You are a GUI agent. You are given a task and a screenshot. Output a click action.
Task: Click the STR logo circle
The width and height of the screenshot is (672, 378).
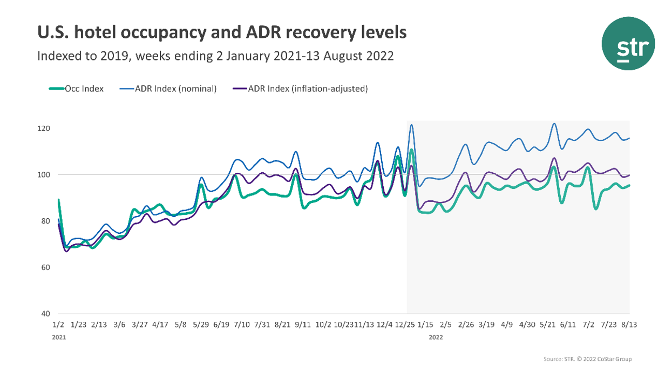(x=628, y=43)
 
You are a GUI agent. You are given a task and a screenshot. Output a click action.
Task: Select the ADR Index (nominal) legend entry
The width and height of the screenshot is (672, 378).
(x=168, y=89)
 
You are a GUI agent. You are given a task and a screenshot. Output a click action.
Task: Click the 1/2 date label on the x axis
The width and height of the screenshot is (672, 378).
(x=58, y=325)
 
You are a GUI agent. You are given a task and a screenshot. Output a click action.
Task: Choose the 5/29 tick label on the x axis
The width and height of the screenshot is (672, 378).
(x=201, y=325)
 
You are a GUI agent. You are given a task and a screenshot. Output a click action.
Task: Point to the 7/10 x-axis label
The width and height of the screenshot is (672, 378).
(x=241, y=325)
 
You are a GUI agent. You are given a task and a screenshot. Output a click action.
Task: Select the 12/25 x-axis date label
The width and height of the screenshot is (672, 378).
(x=405, y=325)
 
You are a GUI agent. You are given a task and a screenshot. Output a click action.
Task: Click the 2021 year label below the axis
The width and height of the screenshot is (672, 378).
(x=59, y=337)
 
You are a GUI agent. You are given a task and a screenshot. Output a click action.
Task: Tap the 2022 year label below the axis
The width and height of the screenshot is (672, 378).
(x=436, y=337)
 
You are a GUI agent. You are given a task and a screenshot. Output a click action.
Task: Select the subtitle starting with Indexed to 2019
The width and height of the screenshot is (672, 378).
(x=215, y=56)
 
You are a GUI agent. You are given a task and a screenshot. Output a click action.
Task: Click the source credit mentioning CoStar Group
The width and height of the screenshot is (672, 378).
(x=587, y=359)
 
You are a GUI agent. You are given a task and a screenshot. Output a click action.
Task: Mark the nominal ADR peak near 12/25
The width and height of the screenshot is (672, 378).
(x=411, y=125)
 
